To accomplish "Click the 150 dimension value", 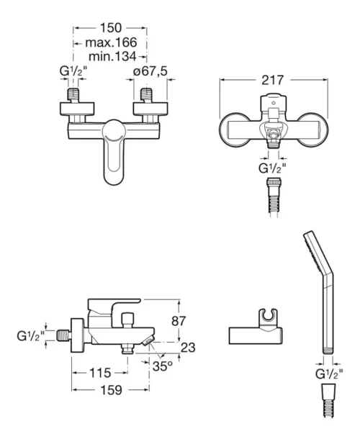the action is click(x=111, y=28).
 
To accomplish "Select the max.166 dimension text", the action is click(x=111, y=43).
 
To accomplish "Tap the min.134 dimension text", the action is click(x=112, y=56).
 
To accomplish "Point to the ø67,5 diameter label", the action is click(x=150, y=71).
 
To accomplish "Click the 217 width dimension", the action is click(x=273, y=80).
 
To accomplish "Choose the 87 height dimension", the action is click(x=179, y=321).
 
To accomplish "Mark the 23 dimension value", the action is click(x=188, y=348).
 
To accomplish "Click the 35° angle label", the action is click(x=163, y=366).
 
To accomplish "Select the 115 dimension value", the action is click(x=100, y=373).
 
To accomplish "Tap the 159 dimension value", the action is click(x=111, y=390).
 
